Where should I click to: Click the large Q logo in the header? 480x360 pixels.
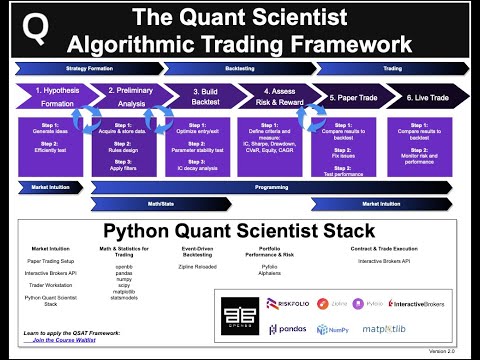(36, 30)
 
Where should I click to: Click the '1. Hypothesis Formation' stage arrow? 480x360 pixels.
(54, 97)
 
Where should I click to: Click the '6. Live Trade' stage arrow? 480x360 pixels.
(424, 97)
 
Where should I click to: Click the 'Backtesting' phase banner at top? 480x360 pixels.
(239, 69)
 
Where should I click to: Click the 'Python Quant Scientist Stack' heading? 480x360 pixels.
(239, 230)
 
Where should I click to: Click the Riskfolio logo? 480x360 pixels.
(287, 302)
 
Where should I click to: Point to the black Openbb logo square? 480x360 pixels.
(239, 314)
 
